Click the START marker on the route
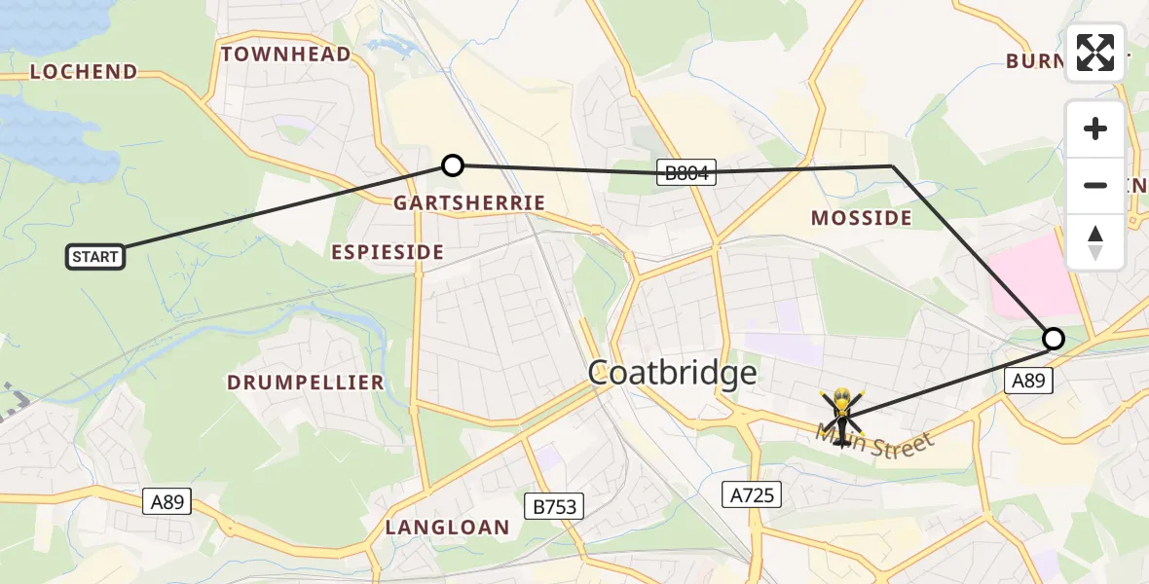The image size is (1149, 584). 95,257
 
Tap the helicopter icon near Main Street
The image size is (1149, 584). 841,416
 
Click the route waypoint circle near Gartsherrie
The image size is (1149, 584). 452,165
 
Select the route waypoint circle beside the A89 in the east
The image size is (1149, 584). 1053,339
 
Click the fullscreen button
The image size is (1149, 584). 1095,53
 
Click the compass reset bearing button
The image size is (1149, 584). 1095,242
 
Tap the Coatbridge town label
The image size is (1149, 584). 672,373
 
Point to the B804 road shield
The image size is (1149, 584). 686,173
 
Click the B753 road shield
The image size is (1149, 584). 554,506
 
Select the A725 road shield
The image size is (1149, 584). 754,495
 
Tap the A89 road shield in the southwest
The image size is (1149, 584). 167,501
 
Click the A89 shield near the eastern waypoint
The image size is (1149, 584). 1027,382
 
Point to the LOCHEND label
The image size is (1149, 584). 84,72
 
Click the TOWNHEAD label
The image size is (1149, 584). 286,55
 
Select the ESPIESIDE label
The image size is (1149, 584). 388,252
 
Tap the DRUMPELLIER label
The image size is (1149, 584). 306,383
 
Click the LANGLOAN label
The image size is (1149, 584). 447,528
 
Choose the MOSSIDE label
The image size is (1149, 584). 862,218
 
